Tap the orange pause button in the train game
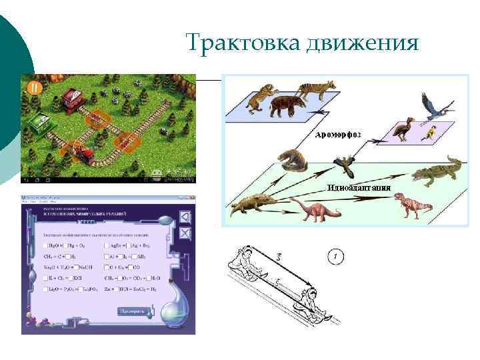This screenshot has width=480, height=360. point(35,87)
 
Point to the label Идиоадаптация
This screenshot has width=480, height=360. point(358,187)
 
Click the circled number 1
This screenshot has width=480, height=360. point(338,256)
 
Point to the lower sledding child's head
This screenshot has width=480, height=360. point(308,294)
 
